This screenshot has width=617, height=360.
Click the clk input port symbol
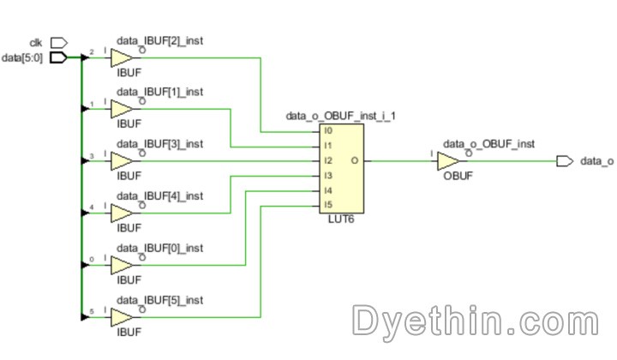click(x=58, y=42)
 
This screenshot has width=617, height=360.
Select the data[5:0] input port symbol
click(x=58, y=57)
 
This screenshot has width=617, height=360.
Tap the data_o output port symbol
click(x=564, y=160)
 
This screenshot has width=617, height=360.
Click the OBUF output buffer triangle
click(x=448, y=160)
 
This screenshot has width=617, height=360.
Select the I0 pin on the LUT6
click(x=327, y=132)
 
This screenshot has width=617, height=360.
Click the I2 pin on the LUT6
click(x=327, y=160)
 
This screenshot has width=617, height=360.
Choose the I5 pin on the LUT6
click(x=327, y=204)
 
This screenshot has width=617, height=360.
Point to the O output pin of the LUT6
click(x=355, y=160)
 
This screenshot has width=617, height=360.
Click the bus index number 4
click(x=93, y=207)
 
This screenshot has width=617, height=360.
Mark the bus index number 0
click(x=93, y=260)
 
